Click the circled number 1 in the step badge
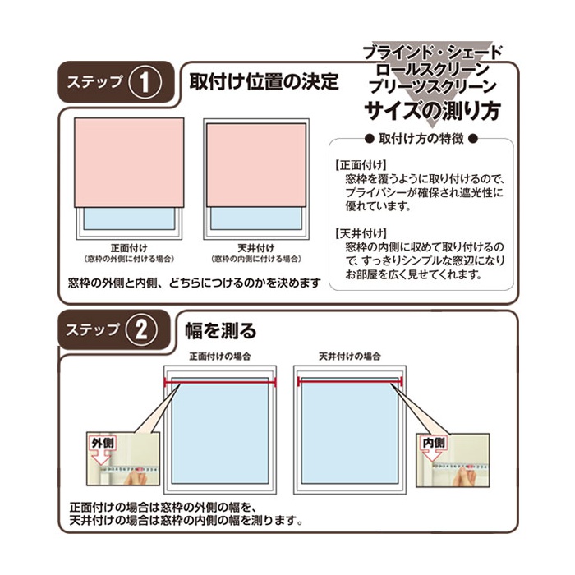tap(145, 82)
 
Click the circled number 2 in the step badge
tap(141, 330)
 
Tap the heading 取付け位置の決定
tap(264, 81)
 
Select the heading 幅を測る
tap(221, 330)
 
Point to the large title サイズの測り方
tap(433, 110)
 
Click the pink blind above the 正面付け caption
tap(129, 163)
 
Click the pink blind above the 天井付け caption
tap(256, 165)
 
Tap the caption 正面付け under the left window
tap(129, 248)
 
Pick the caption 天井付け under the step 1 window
tap(256, 248)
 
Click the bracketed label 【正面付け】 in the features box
tap(361, 165)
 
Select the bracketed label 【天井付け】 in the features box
tap(361, 233)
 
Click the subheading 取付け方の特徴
tap(421, 139)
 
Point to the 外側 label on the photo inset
tap(103, 443)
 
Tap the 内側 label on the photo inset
tap(434, 443)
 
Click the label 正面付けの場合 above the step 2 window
tap(220, 356)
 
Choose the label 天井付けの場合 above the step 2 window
tap(350, 356)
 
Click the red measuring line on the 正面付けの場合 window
tap(220, 383)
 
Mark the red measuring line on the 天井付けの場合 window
tap(350, 382)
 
